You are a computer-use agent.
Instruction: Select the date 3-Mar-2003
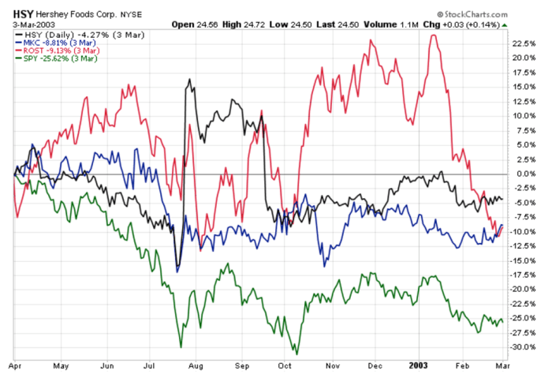click(28, 25)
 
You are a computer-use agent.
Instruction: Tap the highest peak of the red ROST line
click(434, 36)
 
